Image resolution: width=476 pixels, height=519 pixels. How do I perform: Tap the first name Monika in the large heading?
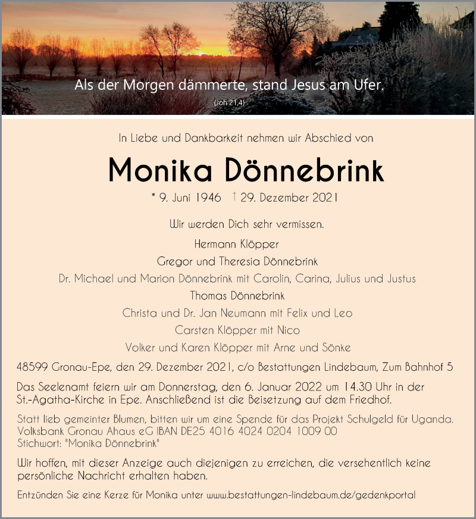point(162,171)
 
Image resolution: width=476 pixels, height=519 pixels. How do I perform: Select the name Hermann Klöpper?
point(236,243)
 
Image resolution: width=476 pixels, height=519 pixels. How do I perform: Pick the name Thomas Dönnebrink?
point(237,295)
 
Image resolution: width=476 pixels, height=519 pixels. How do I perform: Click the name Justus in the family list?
point(400,278)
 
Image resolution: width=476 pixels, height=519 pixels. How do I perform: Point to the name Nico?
point(288,330)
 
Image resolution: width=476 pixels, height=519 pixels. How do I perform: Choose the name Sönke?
point(337,347)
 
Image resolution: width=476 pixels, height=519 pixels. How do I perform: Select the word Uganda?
point(436,419)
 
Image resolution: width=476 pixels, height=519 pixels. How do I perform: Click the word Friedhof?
point(369,399)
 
